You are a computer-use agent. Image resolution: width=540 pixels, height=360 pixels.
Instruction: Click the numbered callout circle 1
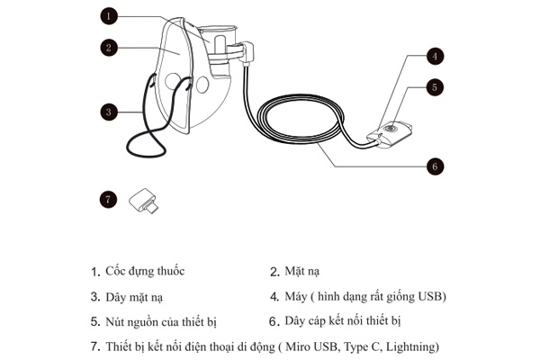tap(109, 15)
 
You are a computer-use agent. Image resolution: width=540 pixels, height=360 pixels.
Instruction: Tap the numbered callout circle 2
tap(109, 47)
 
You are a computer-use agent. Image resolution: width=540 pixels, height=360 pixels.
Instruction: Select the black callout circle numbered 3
tap(109, 112)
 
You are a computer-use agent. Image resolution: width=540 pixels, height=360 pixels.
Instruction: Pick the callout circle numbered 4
tap(435, 56)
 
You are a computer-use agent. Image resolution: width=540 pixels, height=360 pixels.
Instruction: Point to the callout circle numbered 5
tap(435, 87)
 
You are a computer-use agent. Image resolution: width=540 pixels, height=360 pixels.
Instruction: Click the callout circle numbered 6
tap(435, 166)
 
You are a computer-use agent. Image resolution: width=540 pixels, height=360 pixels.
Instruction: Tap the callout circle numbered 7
tap(109, 200)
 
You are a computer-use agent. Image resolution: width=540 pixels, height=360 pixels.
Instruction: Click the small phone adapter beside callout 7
tap(142, 200)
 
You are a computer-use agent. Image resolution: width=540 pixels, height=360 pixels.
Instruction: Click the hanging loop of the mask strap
tap(144, 144)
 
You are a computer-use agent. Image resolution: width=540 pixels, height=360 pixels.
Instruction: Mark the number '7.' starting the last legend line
tap(95, 346)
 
